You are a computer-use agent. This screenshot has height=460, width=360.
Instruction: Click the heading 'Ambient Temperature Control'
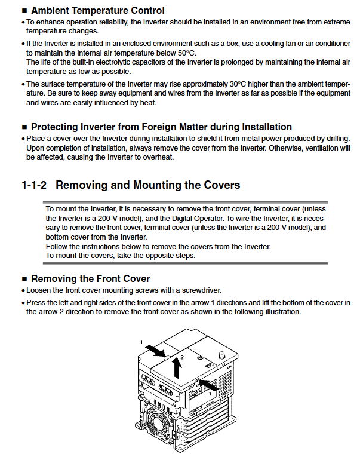coord(97,10)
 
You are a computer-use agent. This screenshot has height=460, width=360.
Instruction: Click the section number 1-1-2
coord(35,185)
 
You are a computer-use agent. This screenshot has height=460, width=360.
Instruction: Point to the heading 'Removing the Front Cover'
coord(90,278)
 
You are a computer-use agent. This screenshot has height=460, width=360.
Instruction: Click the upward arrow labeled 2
coord(177,368)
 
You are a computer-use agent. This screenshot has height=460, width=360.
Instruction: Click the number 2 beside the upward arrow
coord(182,357)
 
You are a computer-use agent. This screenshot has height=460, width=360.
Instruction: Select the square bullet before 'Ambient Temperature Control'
coord(24,11)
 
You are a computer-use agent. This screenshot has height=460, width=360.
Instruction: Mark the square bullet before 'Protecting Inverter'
coord(24,127)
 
